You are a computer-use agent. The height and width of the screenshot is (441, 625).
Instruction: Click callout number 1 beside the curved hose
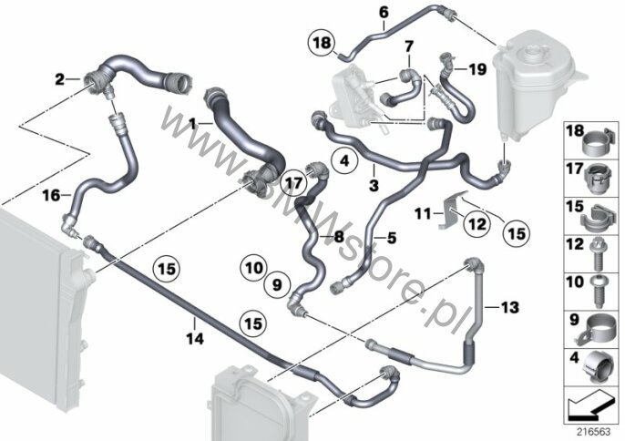pyautogui.click(x=192, y=120)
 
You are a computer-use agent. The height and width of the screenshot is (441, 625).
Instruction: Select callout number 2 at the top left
pyautogui.click(x=59, y=80)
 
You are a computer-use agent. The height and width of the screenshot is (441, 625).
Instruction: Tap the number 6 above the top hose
pyautogui.click(x=383, y=13)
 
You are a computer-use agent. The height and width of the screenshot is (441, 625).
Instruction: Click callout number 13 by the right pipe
pyautogui.click(x=508, y=306)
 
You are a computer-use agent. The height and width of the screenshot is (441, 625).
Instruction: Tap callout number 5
pyautogui.click(x=392, y=240)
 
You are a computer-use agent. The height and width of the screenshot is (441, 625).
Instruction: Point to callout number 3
pyautogui.click(x=373, y=185)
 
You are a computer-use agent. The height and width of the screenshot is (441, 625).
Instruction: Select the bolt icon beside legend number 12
pyautogui.click(x=599, y=247)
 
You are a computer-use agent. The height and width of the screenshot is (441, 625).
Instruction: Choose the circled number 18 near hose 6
pyautogui.click(x=323, y=43)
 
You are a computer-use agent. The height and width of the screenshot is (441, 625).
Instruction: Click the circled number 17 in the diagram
pyautogui.click(x=292, y=182)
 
